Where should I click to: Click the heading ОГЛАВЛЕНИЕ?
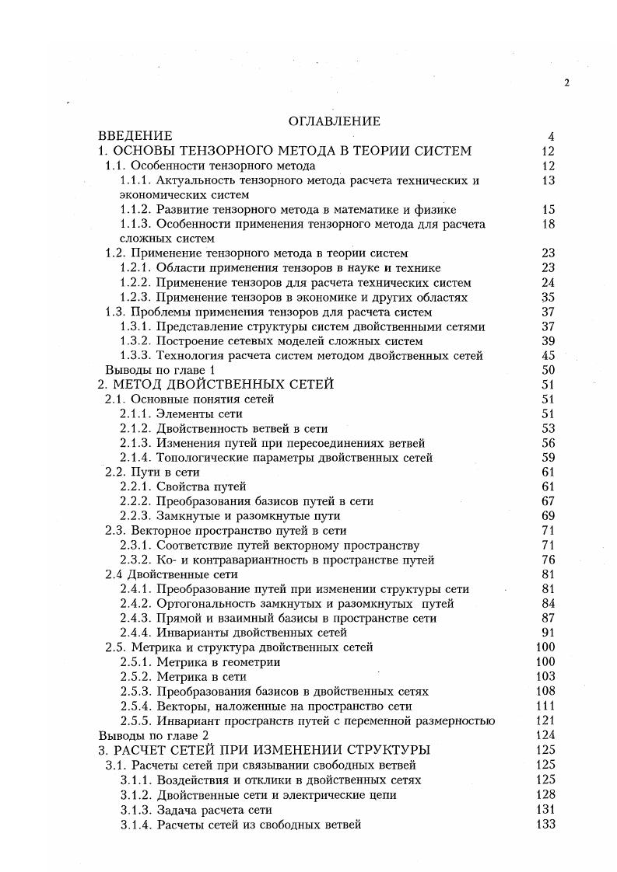tap(334, 121)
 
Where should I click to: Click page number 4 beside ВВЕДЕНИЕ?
tap(550, 137)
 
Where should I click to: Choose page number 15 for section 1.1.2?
tap(547, 210)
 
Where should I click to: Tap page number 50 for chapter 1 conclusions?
tap(547, 370)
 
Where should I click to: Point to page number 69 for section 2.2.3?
tap(547, 515)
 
